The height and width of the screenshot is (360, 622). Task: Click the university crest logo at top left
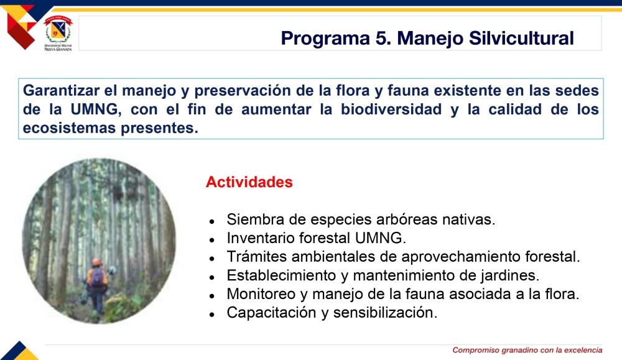tap(58, 34)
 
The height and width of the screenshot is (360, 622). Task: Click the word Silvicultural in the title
tap(521, 39)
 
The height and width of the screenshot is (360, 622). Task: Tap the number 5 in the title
tap(383, 39)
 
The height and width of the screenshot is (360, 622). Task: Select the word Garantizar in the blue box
tap(61, 90)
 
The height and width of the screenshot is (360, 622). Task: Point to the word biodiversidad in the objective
tap(391, 109)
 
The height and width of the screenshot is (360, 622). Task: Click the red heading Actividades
tap(249, 182)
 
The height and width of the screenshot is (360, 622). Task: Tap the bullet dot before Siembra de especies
tap(212, 221)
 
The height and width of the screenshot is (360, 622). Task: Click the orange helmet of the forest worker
tap(97, 262)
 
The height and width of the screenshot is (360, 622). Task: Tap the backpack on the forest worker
tap(97, 277)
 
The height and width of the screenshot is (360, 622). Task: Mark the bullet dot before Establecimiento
tap(212, 277)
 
